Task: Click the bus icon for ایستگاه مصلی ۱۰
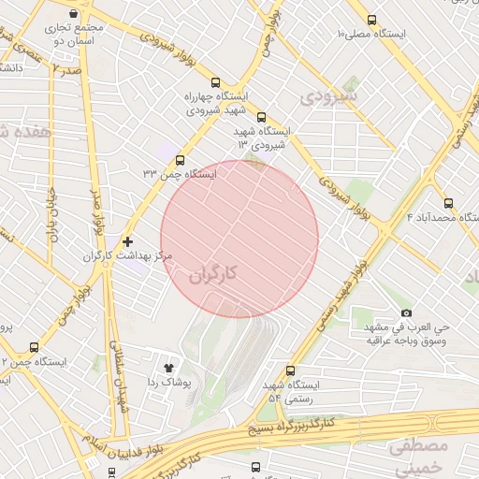[372, 20]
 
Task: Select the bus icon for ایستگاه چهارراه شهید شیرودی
[216, 82]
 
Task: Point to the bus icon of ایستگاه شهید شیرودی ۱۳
[260, 118]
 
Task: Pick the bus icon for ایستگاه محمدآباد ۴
[448, 203]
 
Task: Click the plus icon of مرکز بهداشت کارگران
[128, 241]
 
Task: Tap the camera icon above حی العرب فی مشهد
[405, 313]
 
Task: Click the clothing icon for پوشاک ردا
[169, 368]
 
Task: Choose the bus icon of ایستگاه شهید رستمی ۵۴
[290, 370]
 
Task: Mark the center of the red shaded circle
[239, 239]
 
